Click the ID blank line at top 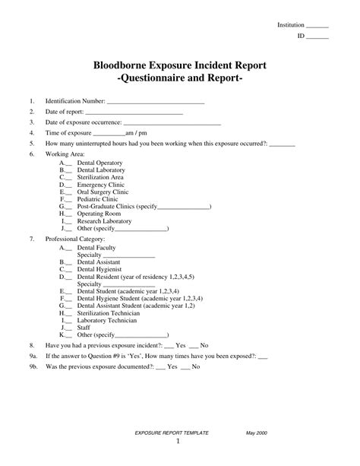point(317,36)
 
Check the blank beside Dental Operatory point(69,163)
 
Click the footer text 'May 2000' point(256,432)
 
